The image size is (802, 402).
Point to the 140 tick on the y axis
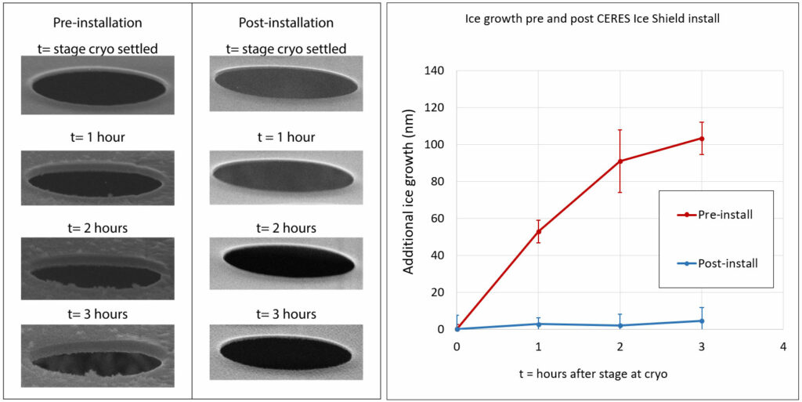pyautogui.click(x=433, y=71)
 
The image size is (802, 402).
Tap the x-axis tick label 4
pyautogui.click(x=782, y=346)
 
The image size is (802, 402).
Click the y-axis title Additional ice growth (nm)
pyautogui.click(x=409, y=200)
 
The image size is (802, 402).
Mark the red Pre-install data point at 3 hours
pyautogui.click(x=702, y=139)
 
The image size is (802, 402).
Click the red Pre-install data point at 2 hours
pyautogui.click(x=620, y=161)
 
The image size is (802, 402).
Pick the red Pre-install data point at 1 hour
pyautogui.click(x=539, y=231)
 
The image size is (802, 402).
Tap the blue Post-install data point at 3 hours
pyautogui.click(x=702, y=321)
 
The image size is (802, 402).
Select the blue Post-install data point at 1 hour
pyautogui.click(x=539, y=324)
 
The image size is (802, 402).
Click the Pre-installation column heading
pyautogui.click(x=98, y=23)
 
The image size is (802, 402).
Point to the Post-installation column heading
pyautogui.click(x=286, y=23)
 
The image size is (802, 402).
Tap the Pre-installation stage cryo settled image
pyautogui.click(x=98, y=85)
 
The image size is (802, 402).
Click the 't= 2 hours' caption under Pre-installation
pyautogui.click(x=98, y=228)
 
